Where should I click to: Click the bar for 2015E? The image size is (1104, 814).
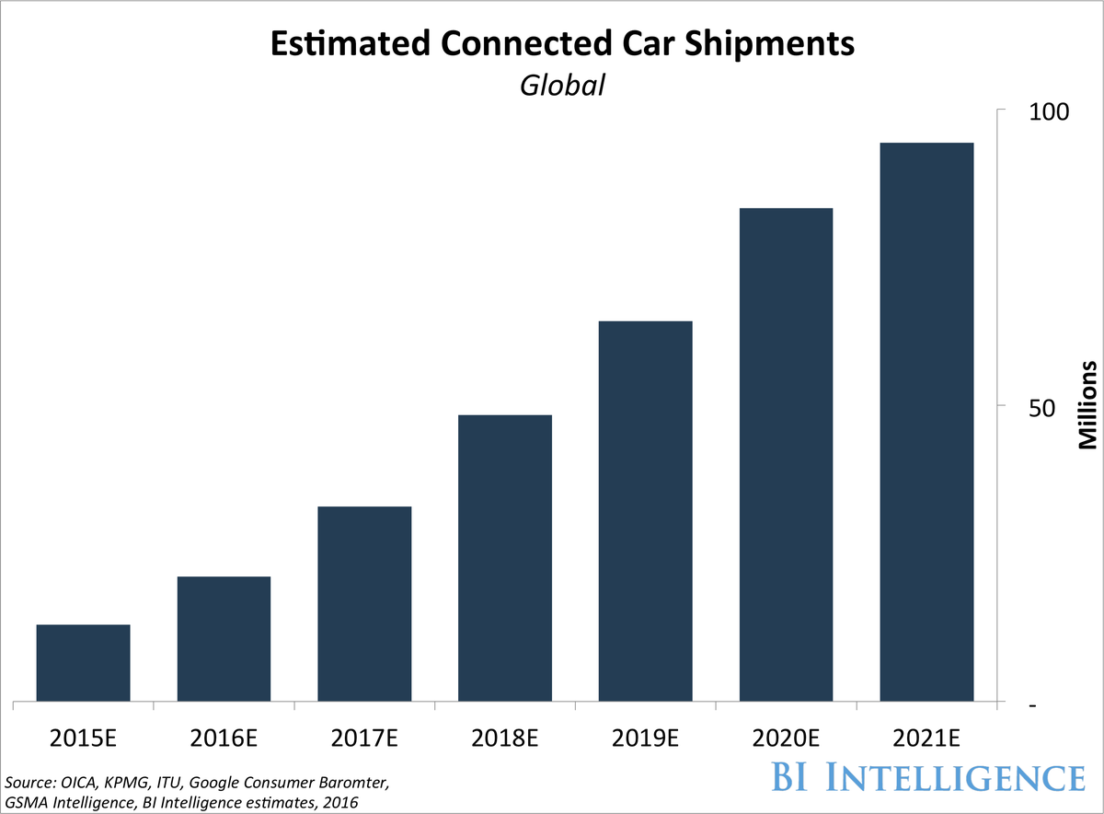[x=83, y=663]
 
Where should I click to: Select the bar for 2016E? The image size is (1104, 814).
[x=224, y=639]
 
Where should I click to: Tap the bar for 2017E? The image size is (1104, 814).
[x=364, y=604]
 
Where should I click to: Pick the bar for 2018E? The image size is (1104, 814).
[x=505, y=558]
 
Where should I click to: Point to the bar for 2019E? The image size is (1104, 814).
[x=645, y=511]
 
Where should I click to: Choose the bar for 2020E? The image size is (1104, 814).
[x=786, y=455]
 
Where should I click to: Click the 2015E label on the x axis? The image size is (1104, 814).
[x=84, y=738]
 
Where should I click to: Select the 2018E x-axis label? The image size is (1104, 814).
[x=505, y=738]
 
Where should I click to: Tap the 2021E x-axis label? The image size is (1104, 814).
[x=926, y=738]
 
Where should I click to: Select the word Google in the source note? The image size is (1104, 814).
[x=229, y=784]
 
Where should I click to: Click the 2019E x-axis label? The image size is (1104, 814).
[x=645, y=738]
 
